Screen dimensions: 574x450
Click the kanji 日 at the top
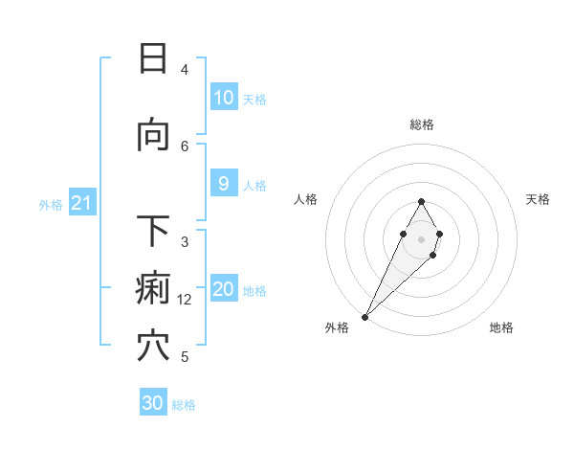click(x=153, y=59)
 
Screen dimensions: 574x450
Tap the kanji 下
click(x=153, y=231)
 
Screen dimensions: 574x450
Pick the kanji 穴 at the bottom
click(x=153, y=346)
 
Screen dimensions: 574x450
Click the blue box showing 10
click(x=223, y=98)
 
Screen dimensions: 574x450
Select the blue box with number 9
click(x=223, y=184)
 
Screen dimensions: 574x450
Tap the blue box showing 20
click(x=223, y=289)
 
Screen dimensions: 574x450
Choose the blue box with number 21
click(x=81, y=203)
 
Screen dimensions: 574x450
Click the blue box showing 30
click(x=153, y=403)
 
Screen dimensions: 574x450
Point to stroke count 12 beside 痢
click(x=185, y=300)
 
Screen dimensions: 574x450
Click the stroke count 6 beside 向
click(x=185, y=146)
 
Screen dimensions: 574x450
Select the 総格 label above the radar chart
click(x=421, y=124)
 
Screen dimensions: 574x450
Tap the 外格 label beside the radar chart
click(x=337, y=327)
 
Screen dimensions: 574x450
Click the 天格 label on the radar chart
click(x=539, y=199)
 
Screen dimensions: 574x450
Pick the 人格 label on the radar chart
click(x=305, y=199)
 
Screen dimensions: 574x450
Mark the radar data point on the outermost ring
click(x=365, y=316)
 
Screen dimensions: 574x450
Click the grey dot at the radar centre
click(x=421, y=238)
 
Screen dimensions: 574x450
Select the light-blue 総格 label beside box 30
click(x=184, y=405)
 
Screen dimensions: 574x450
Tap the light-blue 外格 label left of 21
click(x=50, y=204)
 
